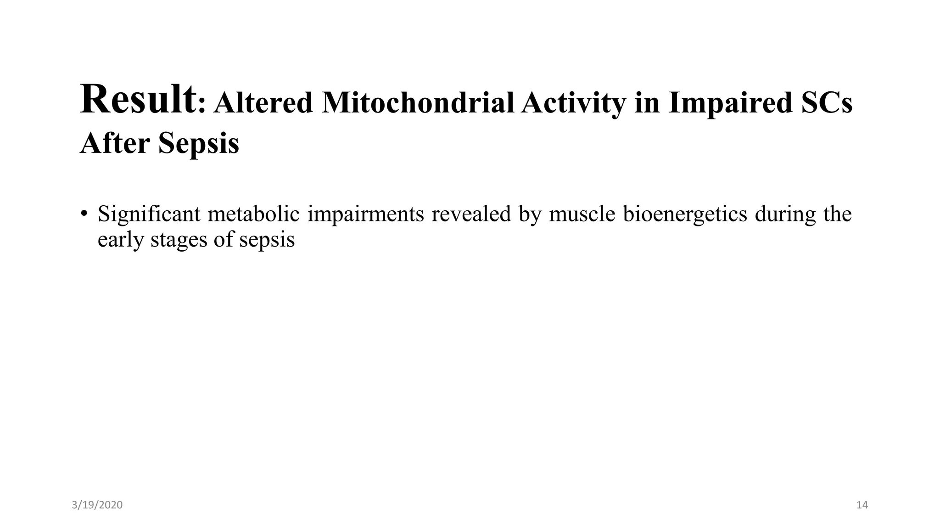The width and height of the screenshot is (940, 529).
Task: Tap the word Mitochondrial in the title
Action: [x=418, y=103]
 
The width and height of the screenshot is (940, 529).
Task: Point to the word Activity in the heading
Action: [x=573, y=103]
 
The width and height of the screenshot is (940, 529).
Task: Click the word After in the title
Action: [x=115, y=143]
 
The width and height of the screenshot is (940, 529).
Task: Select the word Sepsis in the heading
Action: [x=199, y=143]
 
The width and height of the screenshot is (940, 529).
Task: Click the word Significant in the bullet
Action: [x=149, y=214]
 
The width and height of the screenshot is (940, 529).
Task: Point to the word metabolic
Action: [x=253, y=214]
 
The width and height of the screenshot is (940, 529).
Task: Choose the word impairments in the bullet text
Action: [x=365, y=214]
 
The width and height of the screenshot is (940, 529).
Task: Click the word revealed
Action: [x=471, y=214]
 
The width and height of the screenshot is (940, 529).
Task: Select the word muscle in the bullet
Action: [x=582, y=214]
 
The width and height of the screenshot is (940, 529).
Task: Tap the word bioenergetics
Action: [x=685, y=214]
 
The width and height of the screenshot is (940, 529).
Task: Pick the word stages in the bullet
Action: [x=178, y=240]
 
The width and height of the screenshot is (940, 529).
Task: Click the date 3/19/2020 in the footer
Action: [x=97, y=505]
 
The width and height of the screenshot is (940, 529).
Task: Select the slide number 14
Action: [x=862, y=505]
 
